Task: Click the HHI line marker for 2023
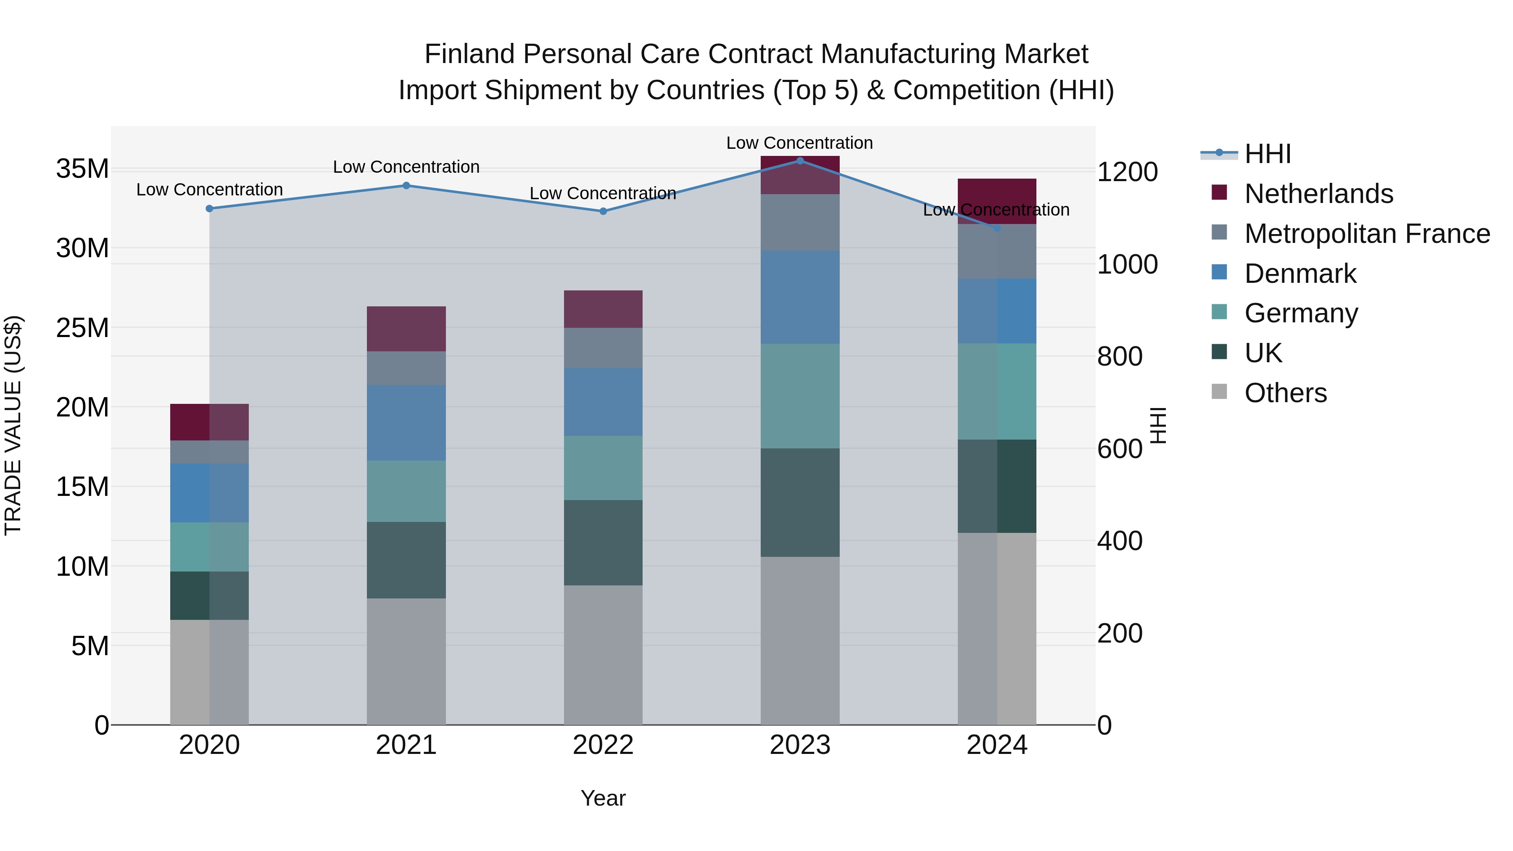click(800, 161)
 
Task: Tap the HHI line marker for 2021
click(406, 186)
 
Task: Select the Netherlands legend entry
click(1318, 194)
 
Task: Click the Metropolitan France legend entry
click(1366, 234)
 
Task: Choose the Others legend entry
click(1285, 393)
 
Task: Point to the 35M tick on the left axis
click(82, 169)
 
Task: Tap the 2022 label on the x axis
click(603, 745)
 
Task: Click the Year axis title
click(603, 798)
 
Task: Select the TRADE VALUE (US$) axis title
click(13, 425)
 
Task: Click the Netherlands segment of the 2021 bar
click(406, 329)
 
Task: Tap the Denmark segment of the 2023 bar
click(800, 297)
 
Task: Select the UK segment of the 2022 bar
click(603, 542)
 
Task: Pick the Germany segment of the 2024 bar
click(997, 391)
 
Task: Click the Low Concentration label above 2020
click(209, 190)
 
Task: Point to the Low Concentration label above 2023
click(799, 143)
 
